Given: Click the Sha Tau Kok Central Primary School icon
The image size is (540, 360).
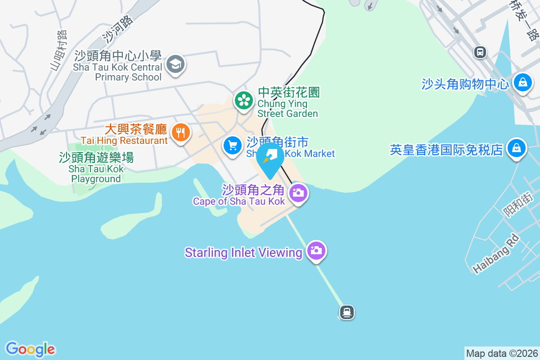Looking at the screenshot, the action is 175,65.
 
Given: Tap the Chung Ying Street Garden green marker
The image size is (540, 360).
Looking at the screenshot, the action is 244,100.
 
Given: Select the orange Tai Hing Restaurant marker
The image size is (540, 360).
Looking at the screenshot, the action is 180,132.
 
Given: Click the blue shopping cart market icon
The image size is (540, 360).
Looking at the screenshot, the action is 232,146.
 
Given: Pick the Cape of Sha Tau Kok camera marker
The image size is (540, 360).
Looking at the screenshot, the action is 297,193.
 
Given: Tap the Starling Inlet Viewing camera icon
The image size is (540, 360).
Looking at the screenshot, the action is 316,250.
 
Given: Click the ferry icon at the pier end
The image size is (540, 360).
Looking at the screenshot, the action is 346,311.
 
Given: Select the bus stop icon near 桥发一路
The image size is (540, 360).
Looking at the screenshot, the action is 480,52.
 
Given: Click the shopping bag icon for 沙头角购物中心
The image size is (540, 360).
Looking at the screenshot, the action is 522,82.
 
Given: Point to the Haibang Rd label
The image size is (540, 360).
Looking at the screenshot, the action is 496,254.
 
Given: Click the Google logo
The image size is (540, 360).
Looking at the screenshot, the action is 30,349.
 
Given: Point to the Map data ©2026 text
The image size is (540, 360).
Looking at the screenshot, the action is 502,353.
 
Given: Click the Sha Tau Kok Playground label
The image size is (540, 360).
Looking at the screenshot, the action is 96,168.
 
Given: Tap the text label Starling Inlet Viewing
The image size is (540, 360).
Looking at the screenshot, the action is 243,252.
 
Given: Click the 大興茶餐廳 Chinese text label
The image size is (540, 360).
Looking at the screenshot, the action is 136,130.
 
